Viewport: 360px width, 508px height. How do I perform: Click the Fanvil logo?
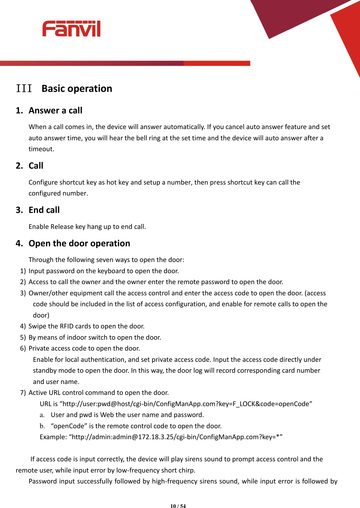click(x=71, y=29)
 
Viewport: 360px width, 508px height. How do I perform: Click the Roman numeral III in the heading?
click(x=24, y=88)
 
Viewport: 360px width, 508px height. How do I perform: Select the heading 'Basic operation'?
click(x=77, y=89)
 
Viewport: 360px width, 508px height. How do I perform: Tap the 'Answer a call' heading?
click(x=55, y=110)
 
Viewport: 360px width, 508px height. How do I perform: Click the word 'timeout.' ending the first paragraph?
click(x=41, y=149)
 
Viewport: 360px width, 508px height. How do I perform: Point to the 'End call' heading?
click(x=44, y=210)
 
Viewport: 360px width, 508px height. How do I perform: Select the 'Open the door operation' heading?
click(x=79, y=243)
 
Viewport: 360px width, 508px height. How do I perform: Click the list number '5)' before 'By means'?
click(x=23, y=337)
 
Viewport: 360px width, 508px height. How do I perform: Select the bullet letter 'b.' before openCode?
click(x=42, y=426)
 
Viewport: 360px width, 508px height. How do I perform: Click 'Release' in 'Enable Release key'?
click(x=62, y=227)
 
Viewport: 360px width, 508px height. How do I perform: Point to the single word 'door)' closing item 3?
click(x=41, y=315)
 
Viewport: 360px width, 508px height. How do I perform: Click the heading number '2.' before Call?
click(x=19, y=166)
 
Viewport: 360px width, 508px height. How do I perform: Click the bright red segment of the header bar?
click(x=217, y=63)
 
